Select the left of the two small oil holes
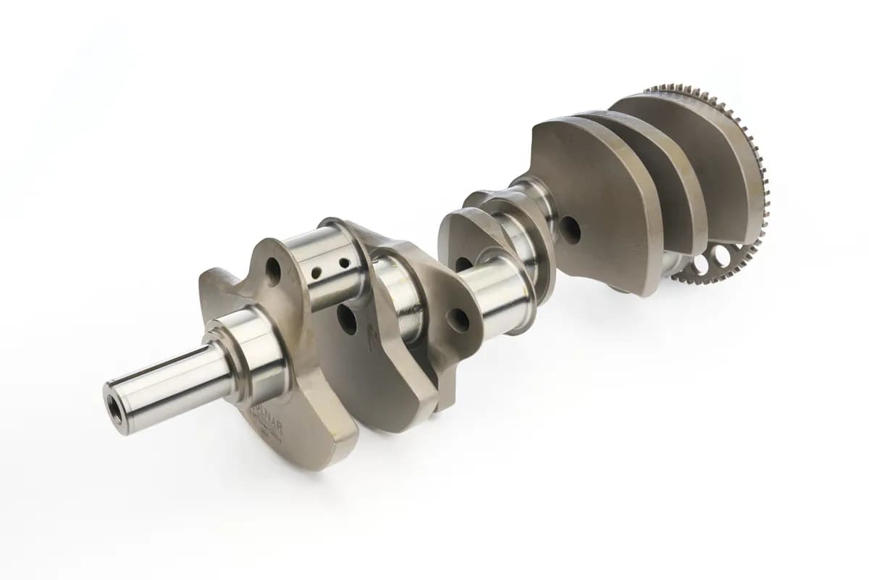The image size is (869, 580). [x=316, y=273]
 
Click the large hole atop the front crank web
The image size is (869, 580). [x=274, y=272]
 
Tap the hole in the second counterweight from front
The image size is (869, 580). [x=347, y=319]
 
